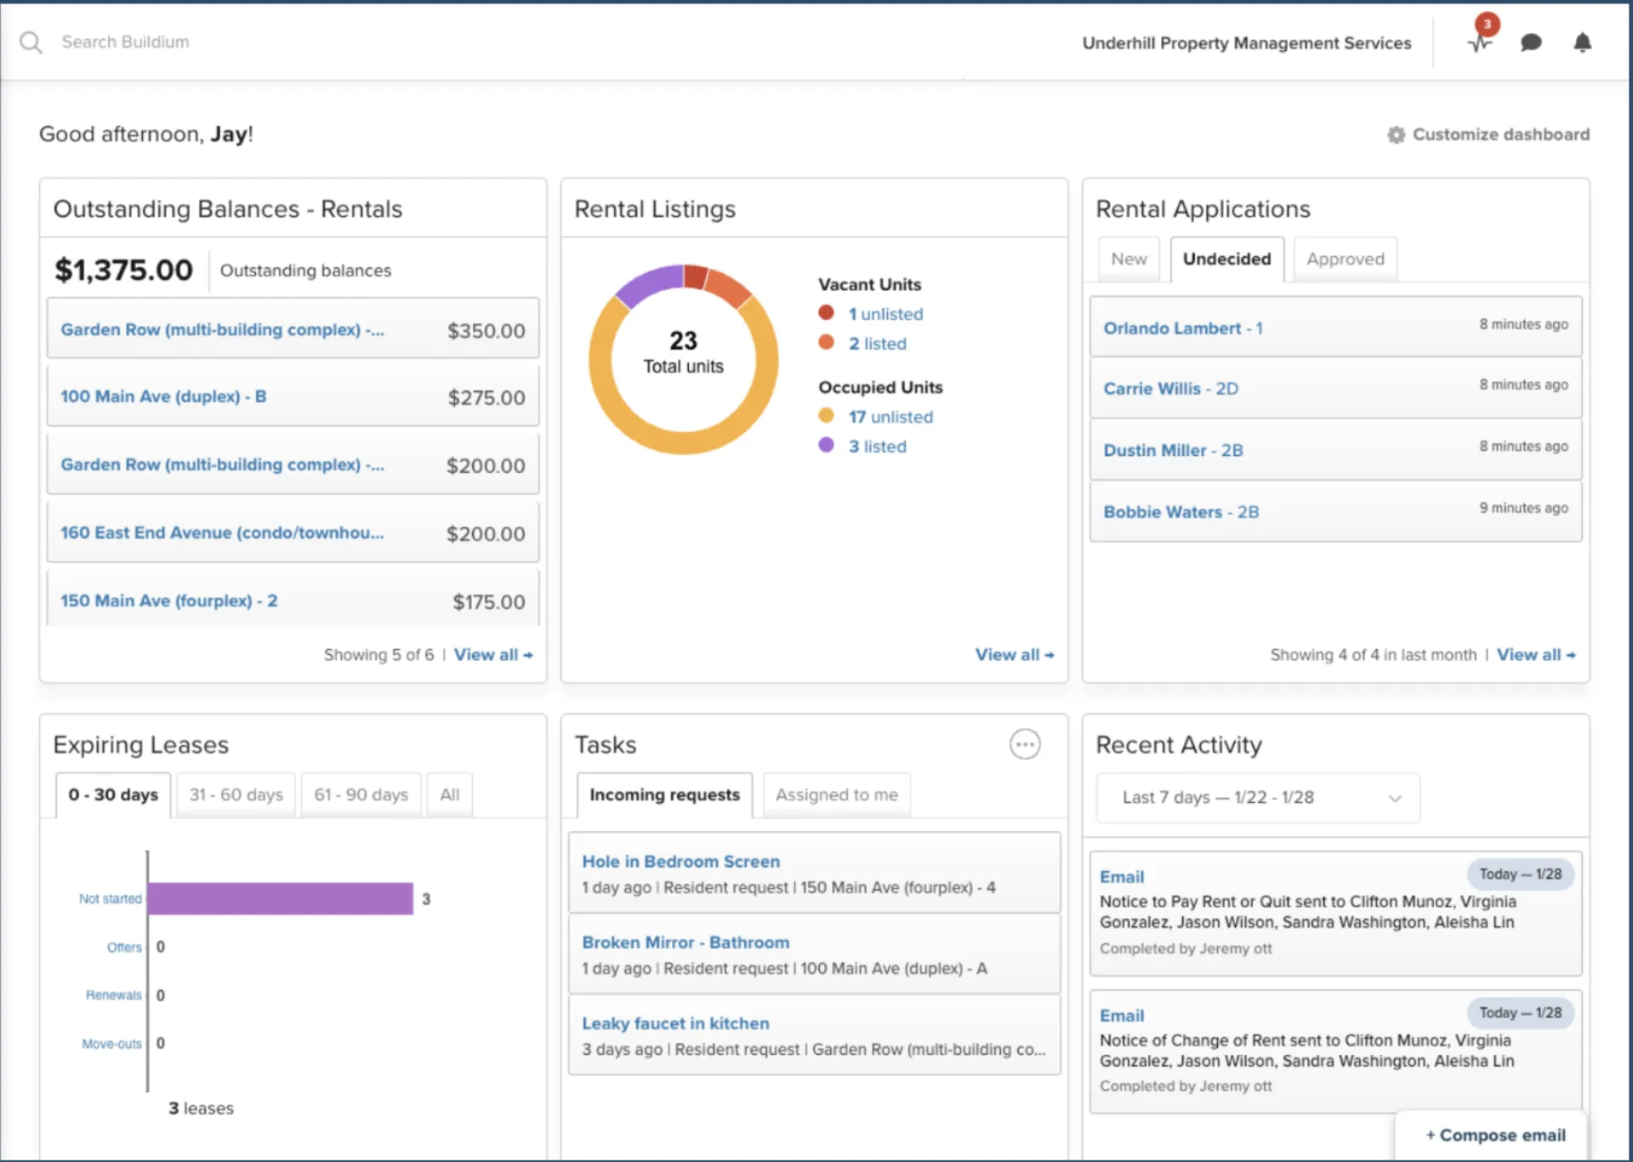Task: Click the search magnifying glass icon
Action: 31,43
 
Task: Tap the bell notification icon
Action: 1582,43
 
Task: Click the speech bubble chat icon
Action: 1531,43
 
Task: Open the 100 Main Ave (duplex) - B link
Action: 163,396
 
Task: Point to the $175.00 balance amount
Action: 488,602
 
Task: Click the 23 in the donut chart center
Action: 683,340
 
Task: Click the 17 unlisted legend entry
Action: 890,417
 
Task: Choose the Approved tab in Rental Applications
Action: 1346,259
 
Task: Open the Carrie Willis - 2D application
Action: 1170,389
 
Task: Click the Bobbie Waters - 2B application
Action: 1181,512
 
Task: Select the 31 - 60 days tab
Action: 236,795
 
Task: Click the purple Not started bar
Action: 280,899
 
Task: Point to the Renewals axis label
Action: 113,995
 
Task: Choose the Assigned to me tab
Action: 836,795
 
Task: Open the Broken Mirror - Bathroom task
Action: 686,943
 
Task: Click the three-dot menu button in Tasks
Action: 1025,744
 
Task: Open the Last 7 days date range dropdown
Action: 1258,798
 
